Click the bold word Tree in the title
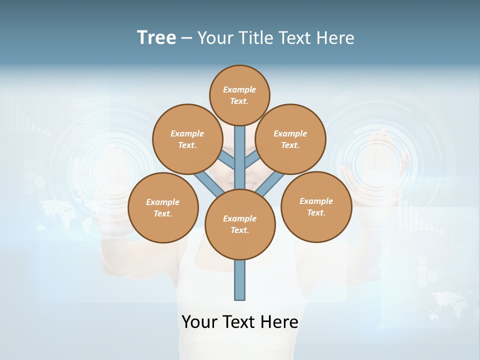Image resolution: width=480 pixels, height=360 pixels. click(156, 38)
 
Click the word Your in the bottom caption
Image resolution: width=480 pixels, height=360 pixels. click(199, 322)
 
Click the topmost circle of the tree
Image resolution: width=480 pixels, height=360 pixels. click(239, 95)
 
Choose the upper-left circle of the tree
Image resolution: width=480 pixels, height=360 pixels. click(187, 139)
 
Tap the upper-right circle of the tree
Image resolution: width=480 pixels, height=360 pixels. click(290, 139)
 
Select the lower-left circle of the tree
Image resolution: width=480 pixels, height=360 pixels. click(163, 207)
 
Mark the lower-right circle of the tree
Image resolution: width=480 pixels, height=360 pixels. click(316, 206)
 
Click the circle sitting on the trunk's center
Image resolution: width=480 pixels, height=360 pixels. click(240, 224)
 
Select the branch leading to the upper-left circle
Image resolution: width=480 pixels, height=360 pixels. click(227, 160)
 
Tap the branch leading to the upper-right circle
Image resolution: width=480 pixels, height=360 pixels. click(252, 160)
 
